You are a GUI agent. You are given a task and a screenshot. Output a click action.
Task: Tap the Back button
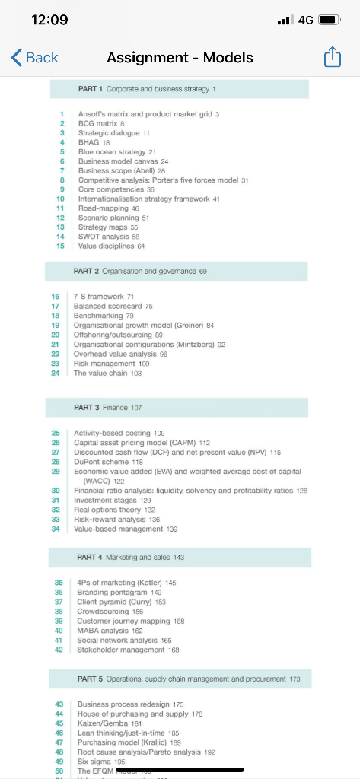(x=35, y=58)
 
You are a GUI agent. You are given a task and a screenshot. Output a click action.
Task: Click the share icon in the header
(x=333, y=58)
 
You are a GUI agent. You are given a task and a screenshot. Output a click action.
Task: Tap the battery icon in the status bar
(x=328, y=21)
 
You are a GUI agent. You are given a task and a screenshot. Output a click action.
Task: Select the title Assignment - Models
(x=180, y=58)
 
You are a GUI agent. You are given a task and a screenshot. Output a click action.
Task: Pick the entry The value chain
(x=101, y=374)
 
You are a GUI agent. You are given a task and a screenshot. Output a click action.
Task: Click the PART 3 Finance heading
(x=108, y=408)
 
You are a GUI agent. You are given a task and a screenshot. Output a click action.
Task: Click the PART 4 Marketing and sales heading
(x=130, y=558)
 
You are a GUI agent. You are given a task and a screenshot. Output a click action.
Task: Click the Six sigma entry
(x=95, y=762)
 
